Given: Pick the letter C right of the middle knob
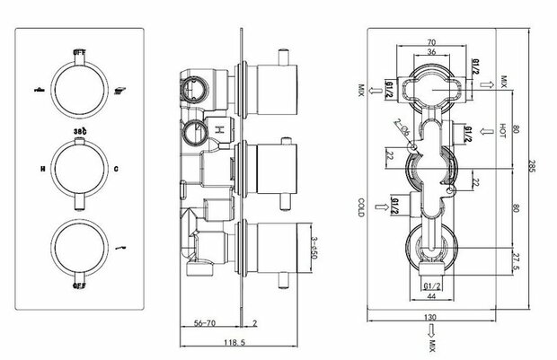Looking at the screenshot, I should pos(117,167).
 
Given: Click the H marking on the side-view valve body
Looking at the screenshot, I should pos(217,130).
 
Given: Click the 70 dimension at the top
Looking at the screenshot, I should pos(431,42).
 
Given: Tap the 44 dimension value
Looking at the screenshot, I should pos(432,297).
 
